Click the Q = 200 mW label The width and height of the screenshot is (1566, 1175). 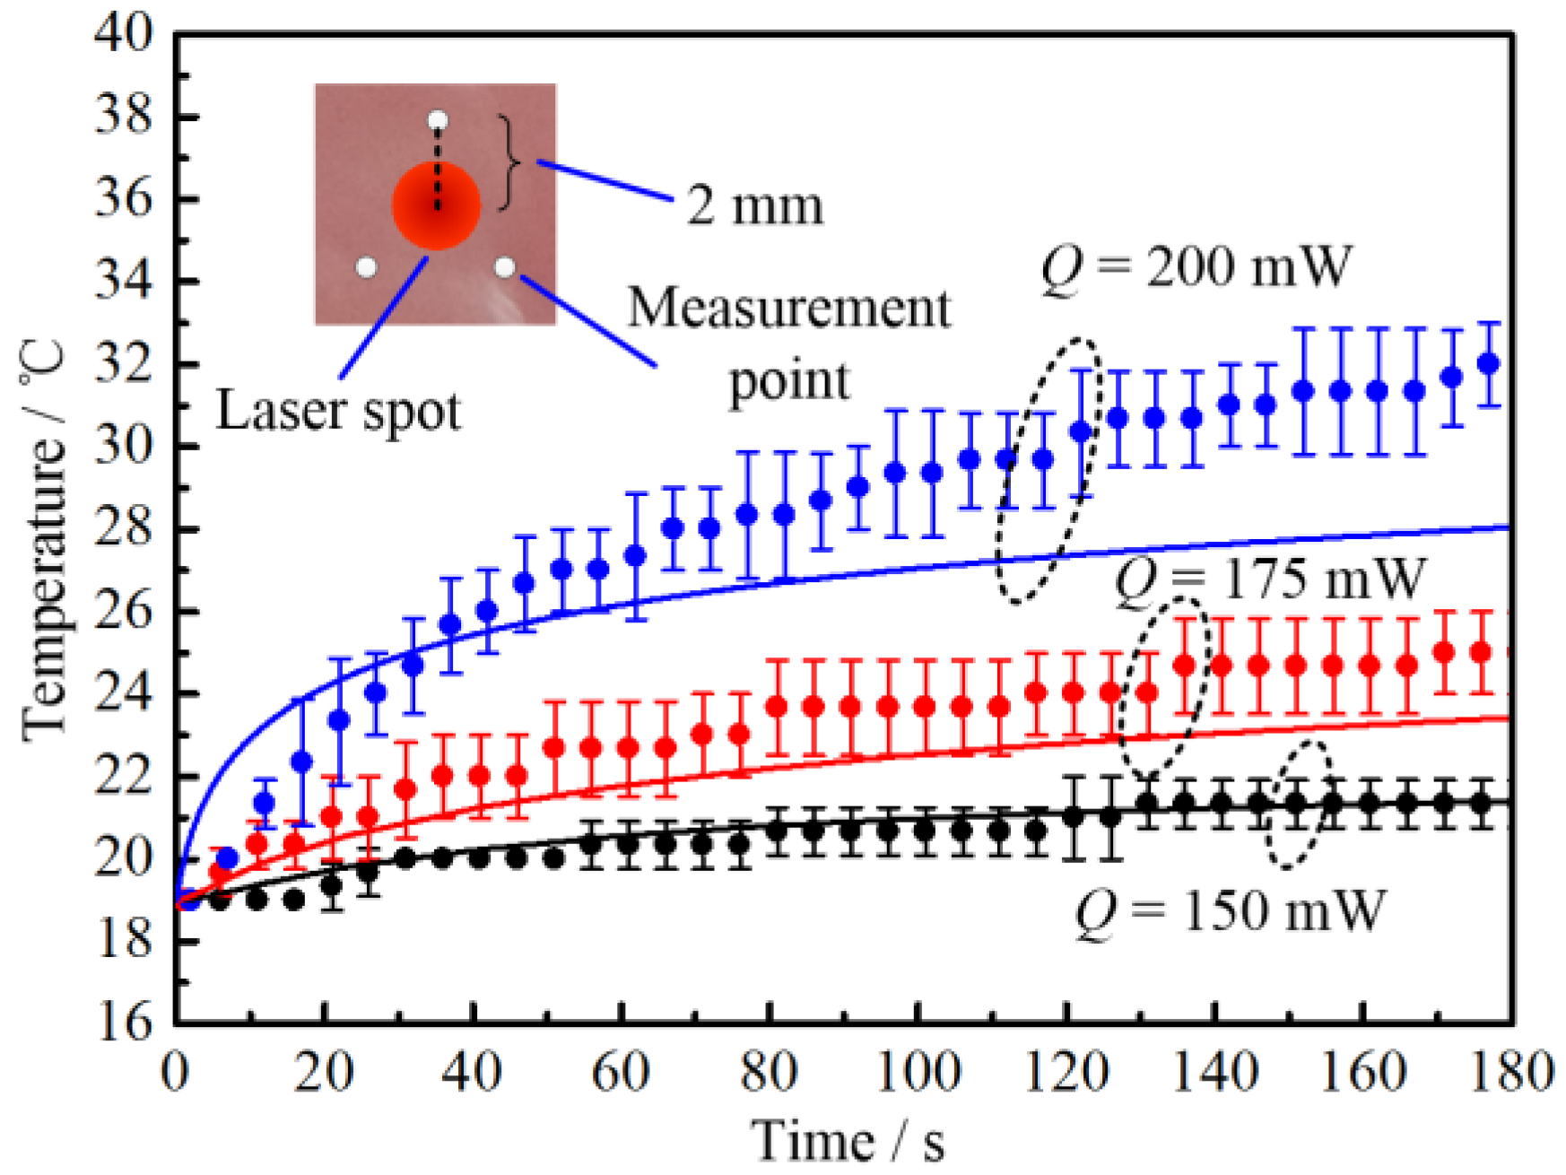(x=1196, y=267)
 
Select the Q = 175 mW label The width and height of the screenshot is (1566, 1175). (x=1269, y=579)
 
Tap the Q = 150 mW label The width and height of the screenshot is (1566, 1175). (x=1230, y=911)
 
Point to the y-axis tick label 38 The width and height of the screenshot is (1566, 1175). (x=124, y=117)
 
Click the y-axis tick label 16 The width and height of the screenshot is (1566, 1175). (x=124, y=1023)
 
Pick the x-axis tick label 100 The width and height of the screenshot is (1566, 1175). (x=918, y=1073)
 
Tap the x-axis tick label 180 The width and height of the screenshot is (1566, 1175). (x=1512, y=1073)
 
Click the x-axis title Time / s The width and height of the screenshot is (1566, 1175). (x=848, y=1141)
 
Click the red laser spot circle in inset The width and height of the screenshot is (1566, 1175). (x=436, y=205)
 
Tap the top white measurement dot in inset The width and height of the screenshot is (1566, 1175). (x=437, y=120)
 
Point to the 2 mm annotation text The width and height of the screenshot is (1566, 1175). (x=754, y=205)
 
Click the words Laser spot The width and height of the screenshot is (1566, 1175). (x=338, y=411)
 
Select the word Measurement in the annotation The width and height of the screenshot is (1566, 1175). (x=788, y=309)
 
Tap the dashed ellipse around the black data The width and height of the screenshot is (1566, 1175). (x=1298, y=805)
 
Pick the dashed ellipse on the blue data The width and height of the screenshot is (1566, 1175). (x=1047, y=470)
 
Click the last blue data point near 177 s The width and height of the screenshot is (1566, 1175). (x=1489, y=363)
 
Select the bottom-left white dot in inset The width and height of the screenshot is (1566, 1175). (x=366, y=267)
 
